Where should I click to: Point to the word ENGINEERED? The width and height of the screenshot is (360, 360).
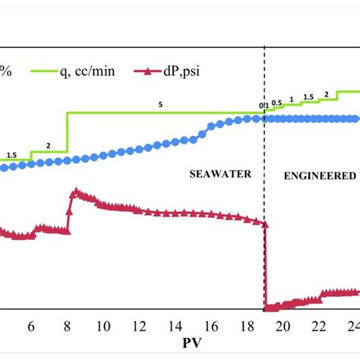[x=319, y=175]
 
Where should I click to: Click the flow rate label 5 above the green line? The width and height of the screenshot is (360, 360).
[x=160, y=106]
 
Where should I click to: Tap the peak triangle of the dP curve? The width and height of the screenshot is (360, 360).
[x=74, y=193]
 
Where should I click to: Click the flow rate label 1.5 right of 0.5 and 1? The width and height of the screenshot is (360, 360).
[x=308, y=97]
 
